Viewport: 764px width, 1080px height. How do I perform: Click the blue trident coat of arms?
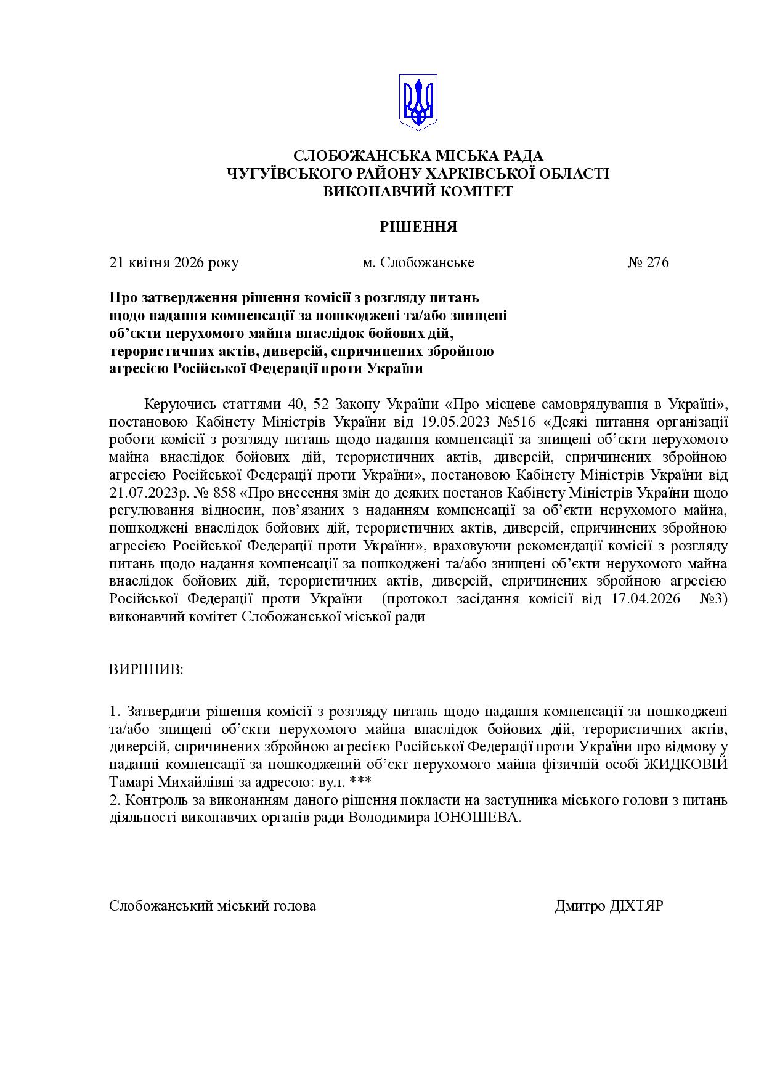pyautogui.click(x=418, y=102)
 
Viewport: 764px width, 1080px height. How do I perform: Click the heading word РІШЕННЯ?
pyautogui.click(x=418, y=227)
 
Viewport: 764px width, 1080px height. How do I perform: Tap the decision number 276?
pyautogui.click(x=657, y=262)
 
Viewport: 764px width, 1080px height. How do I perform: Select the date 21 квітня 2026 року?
pyautogui.click(x=174, y=262)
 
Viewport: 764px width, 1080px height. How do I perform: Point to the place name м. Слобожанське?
pyautogui.click(x=418, y=262)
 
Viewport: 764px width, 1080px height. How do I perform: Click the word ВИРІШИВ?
pyautogui.click(x=146, y=669)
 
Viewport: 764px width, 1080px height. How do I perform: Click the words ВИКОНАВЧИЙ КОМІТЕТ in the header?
pyautogui.click(x=418, y=191)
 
